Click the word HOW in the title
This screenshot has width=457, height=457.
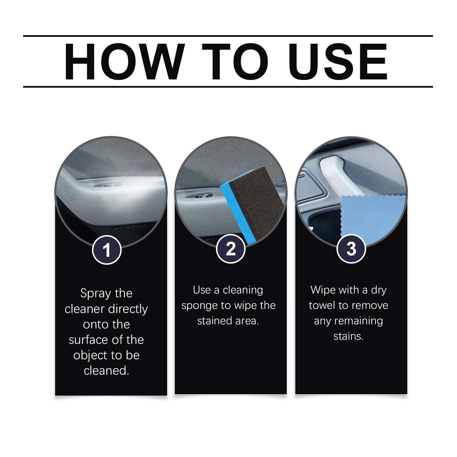click(123, 61)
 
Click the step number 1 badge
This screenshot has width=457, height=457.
click(107, 250)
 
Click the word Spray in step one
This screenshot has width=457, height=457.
click(95, 294)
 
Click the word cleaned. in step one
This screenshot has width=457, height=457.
click(107, 371)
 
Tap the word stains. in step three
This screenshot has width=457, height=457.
click(348, 336)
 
